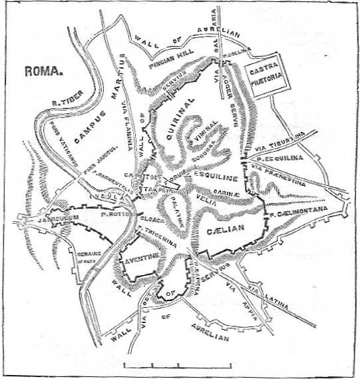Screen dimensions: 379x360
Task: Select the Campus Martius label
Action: coord(101,106)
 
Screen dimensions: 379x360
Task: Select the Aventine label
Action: coord(141,256)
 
